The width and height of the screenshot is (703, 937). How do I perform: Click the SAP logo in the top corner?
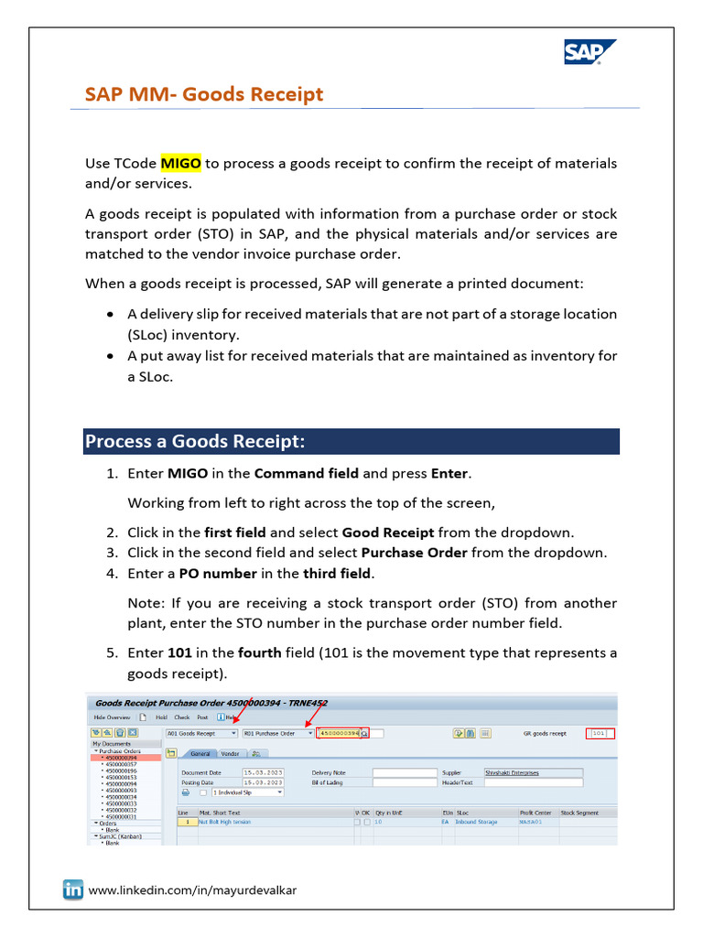point(589,53)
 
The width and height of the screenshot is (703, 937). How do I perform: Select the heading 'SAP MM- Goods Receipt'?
point(203,94)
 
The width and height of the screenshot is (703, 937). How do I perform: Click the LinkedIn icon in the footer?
point(73,889)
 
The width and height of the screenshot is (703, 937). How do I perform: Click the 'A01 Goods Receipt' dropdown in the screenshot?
point(201,733)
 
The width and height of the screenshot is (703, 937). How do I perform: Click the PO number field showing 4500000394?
point(338,733)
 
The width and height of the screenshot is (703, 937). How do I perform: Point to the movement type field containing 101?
point(601,733)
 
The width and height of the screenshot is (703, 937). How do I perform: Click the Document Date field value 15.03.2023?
point(256,772)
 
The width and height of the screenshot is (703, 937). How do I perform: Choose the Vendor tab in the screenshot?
point(230,753)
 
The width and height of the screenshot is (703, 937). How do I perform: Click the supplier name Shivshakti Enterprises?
point(512,772)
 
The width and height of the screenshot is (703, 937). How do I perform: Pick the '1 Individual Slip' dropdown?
point(247,792)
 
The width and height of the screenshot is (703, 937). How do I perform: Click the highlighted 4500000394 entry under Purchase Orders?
point(121,758)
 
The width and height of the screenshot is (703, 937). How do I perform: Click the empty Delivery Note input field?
point(405,772)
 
